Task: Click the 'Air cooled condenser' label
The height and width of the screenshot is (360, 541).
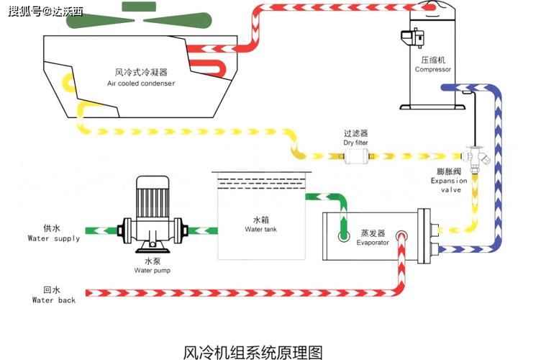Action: [x=141, y=84]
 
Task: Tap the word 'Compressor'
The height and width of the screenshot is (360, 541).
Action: [x=432, y=69]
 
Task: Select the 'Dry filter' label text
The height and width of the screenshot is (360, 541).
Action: [x=355, y=143]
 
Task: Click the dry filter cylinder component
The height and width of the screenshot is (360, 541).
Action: [x=356, y=156]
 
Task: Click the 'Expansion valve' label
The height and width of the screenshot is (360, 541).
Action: [x=449, y=185]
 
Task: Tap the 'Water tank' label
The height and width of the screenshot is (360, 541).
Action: [x=261, y=229]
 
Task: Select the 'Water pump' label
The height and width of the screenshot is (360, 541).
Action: [x=153, y=270]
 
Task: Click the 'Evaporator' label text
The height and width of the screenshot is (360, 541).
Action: [x=373, y=243]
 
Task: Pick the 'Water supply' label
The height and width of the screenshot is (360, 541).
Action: [x=54, y=238]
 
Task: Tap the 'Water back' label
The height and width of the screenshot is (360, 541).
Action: [x=54, y=300]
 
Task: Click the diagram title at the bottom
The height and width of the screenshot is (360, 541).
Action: [x=253, y=352]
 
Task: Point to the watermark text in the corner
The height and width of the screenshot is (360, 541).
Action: [x=45, y=12]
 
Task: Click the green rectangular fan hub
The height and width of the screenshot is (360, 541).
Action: [x=139, y=6]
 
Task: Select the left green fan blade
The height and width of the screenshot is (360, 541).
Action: [x=100, y=20]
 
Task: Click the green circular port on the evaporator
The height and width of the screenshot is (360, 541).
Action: [x=344, y=236]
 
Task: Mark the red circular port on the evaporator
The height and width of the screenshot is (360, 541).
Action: [x=401, y=236]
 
